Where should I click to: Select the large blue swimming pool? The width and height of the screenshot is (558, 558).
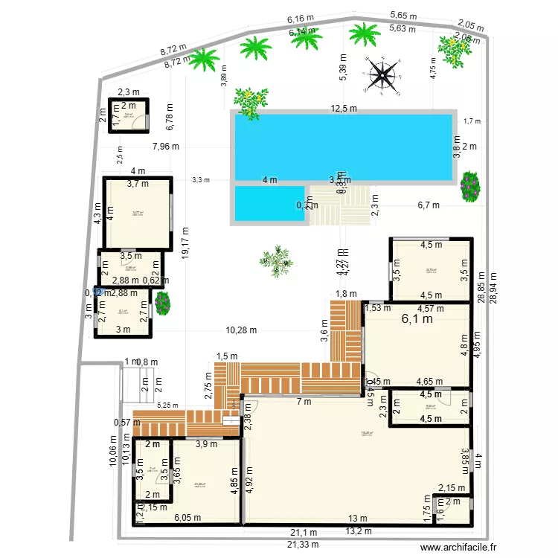coord(343,147)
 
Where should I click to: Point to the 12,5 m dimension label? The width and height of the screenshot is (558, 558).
coord(344,109)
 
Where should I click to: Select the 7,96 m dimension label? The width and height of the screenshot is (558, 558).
coord(165,146)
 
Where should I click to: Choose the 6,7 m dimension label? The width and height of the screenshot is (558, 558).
coord(428,205)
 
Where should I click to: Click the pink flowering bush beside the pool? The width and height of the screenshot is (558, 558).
coord(470,186)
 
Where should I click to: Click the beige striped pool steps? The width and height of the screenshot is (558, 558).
coord(340,205)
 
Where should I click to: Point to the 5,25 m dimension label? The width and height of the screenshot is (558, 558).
coord(168,405)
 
